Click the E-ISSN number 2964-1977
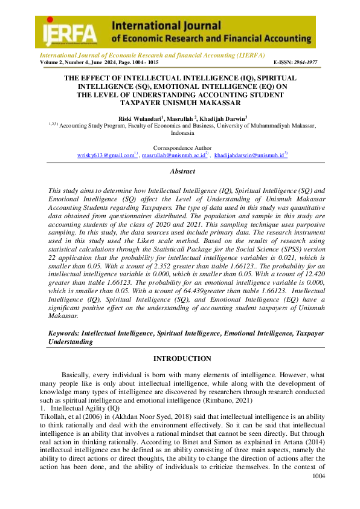point(304,62)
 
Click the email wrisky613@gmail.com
point(105,155)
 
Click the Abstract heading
point(182,172)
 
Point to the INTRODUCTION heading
point(182,358)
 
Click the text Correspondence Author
point(182,148)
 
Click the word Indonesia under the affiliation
point(182,133)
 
